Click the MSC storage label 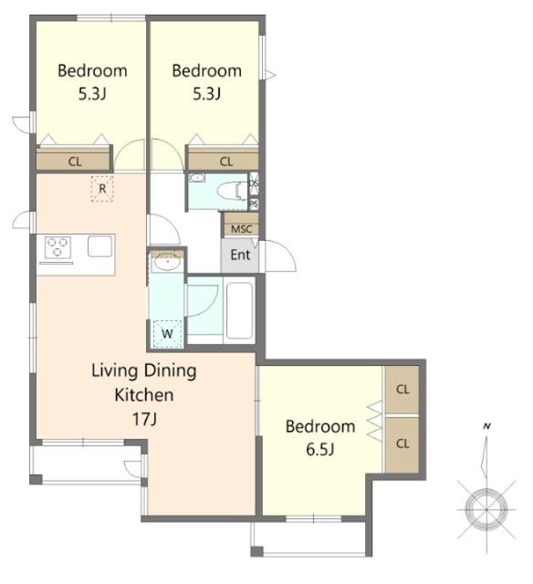241,229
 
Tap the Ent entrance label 240,255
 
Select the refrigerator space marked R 102,189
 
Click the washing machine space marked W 167,334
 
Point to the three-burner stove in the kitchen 57,247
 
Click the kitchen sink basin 99,246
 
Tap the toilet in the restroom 232,191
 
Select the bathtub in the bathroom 240,311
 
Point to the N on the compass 486,426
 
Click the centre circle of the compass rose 486,509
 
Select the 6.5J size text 320,450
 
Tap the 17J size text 144,420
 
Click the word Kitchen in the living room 144,395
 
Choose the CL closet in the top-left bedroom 75,161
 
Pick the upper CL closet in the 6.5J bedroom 402,390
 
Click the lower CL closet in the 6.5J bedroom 402,444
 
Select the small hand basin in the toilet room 196,178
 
